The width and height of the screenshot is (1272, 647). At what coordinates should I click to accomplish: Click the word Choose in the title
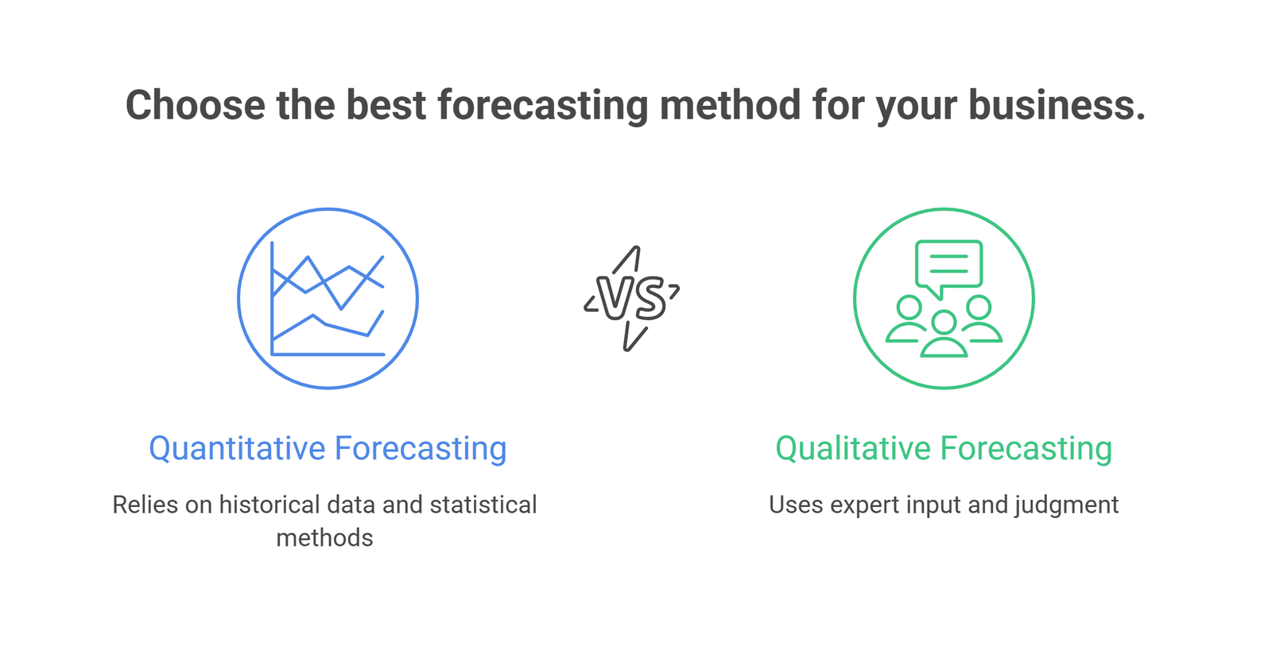pos(196,105)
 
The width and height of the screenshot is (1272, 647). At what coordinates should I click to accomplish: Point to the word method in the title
pos(730,105)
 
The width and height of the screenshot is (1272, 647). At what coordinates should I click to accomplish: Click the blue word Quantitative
pos(238,449)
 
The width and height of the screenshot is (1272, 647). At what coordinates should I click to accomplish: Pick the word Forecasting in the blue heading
pos(421,450)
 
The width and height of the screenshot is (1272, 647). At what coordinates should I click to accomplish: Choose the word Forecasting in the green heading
pos(1026,450)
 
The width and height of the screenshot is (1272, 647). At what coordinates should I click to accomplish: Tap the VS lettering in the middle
pos(630,298)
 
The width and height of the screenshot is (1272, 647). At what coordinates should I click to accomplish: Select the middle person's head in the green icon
pos(944,322)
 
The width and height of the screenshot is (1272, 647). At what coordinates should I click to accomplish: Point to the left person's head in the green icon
pos(909,307)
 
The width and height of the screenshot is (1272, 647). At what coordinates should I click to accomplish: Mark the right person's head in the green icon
pos(979,307)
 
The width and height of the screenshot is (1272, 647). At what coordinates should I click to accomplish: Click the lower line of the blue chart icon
pos(326,325)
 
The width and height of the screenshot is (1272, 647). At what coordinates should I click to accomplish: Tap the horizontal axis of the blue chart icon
pos(328,354)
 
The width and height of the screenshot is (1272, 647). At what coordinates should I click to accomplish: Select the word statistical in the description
pos(483,505)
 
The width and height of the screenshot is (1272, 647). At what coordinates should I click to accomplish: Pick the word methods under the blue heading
pos(325,538)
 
